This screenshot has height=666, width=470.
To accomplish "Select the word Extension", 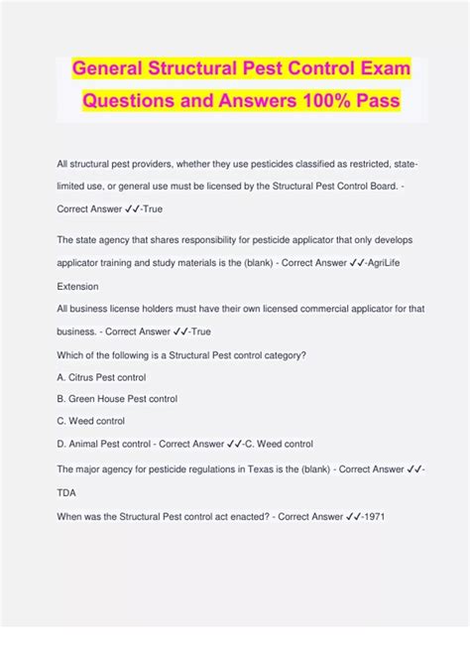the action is pos(79,285).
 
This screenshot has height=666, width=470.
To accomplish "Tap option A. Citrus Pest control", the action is pos(101,377).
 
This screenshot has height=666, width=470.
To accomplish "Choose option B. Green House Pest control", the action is pos(117,399).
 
